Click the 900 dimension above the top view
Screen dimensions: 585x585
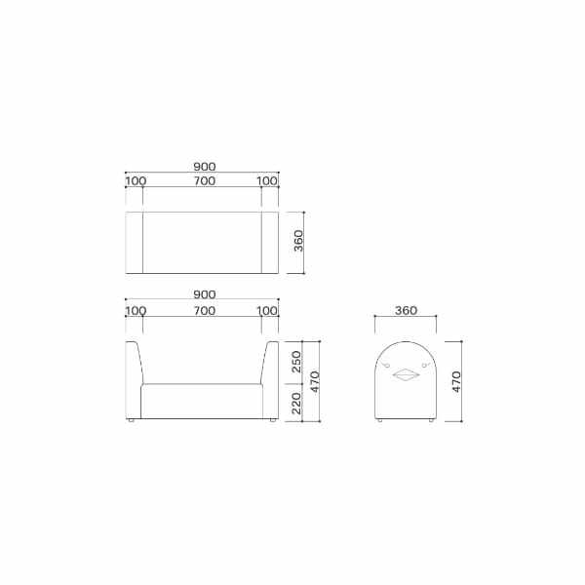pos(203,166)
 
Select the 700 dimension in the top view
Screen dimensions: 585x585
pos(203,181)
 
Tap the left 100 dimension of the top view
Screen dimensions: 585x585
pos(136,181)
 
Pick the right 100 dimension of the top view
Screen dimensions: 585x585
pos(267,181)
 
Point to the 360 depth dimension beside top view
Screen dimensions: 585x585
pos(299,241)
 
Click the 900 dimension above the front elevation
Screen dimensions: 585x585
pos(203,294)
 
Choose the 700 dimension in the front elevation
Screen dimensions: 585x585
pos(203,310)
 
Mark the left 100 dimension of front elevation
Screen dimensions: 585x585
pos(136,310)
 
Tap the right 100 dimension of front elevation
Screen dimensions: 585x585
pos(267,310)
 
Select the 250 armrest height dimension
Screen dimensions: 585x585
pos(298,362)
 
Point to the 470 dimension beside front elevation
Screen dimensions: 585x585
pos(314,382)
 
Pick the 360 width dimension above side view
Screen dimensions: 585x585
pos(407,310)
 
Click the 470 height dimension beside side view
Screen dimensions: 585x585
pos(456,382)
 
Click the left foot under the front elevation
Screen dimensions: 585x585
pos(134,421)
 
